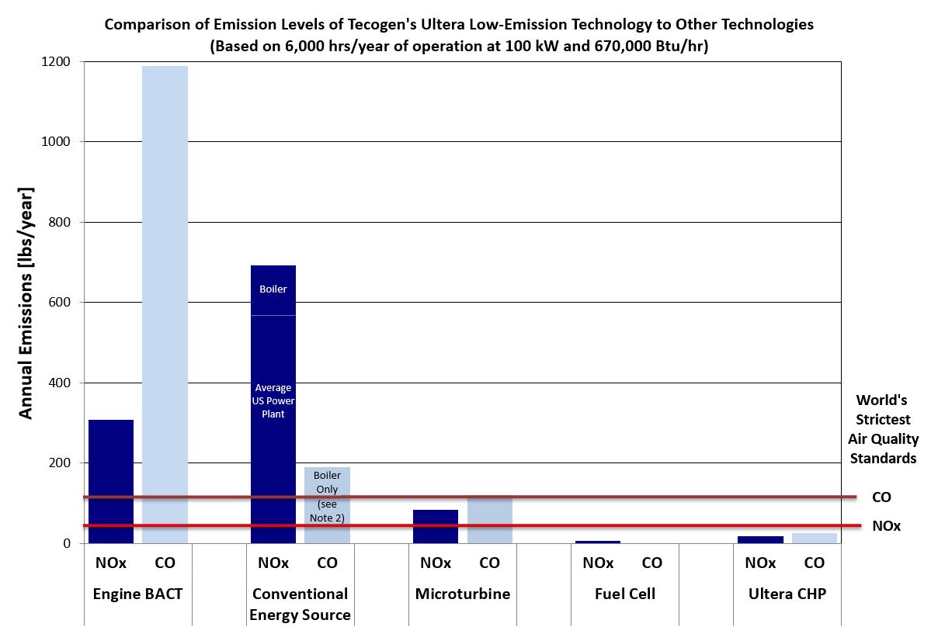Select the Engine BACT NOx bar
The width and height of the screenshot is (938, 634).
111,481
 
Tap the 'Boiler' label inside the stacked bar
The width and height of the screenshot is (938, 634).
273,289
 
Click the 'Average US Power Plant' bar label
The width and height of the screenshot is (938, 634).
273,400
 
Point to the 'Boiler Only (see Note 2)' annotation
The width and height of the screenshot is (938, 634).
327,496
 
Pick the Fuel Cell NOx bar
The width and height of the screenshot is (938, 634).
598,542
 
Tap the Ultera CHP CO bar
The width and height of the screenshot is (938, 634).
814,538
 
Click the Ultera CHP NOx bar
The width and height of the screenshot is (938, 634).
760,539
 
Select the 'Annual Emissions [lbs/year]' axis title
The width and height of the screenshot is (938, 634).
26,303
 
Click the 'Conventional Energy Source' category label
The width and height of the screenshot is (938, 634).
300,604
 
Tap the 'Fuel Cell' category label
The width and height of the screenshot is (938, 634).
625,594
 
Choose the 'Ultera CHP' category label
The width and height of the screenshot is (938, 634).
787,594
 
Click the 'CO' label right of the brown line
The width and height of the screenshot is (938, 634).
881,497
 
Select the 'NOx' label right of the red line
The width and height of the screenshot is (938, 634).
886,526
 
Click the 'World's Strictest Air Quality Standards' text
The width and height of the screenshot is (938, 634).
883,429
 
